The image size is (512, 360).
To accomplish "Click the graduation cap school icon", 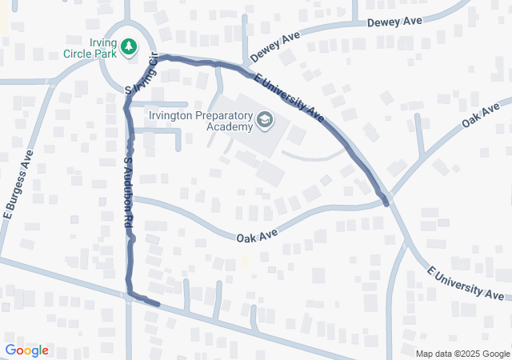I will tap(264, 121).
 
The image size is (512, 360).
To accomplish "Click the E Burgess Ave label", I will tap(17, 184).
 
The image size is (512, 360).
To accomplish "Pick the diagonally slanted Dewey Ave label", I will tap(274, 48).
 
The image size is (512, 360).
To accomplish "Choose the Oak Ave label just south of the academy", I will tap(256, 236).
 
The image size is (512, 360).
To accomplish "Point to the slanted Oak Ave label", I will tap(480, 114).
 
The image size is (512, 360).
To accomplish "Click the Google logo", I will tap(26, 350).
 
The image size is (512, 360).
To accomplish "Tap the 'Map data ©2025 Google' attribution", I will tap(462, 354).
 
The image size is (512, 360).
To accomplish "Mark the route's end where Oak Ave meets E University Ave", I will tap(386, 203).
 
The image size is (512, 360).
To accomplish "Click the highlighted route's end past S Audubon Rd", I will tap(158, 304).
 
